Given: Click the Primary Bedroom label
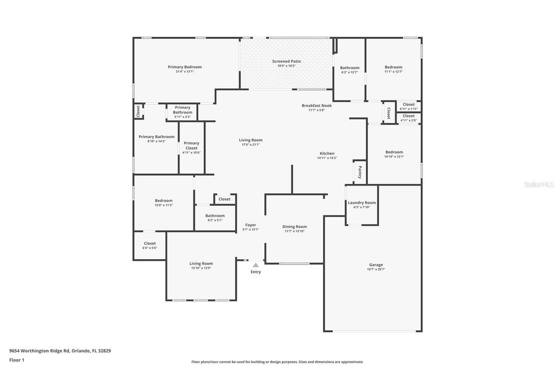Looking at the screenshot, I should pyautogui.click(x=184, y=67).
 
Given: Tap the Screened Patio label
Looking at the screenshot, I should pyautogui.click(x=286, y=61).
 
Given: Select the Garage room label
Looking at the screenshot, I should pyautogui.click(x=376, y=265).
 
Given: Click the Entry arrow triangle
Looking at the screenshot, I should pyautogui.click(x=256, y=265).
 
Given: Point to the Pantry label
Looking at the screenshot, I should pyautogui.click(x=359, y=172).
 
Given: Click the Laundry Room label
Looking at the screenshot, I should pyautogui.click(x=362, y=202).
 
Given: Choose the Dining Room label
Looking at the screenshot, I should pyautogui.click(x=294, y=227).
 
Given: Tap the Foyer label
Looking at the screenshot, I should pyautogui.click(x=250, y=225).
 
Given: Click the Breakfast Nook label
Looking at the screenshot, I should pyautogui.click(x=317, y=106).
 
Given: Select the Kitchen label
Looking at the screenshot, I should pyautogui.click(x=327, y=153).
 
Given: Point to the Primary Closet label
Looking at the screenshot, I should pyautogui.click(x=191, y=146).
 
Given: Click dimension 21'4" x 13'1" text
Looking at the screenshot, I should pyautogui.click(x=184, y=71).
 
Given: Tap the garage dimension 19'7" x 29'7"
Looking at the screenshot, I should pyautogui.click(x=376, y=269).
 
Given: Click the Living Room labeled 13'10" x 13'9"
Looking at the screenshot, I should pyautogui.click(x=201, y=263).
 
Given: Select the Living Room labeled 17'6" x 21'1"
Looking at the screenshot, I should pyautogui.click(x=250, y=140).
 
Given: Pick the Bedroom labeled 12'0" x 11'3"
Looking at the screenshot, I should pyautogui.click(x=164, y=200).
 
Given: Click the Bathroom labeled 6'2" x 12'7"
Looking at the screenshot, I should pyautogui.click(x=350, y=68).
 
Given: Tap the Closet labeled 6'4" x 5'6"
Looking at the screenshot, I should pyautogui.click(x=150, y=243).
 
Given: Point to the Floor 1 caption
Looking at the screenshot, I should pyautogui.click(x=17, y=360).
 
